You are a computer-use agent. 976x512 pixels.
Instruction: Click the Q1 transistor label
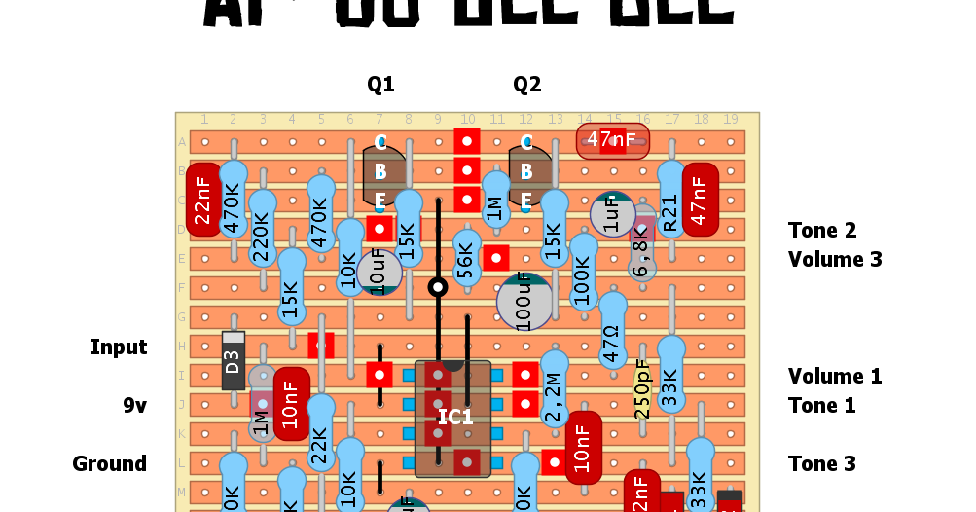380,85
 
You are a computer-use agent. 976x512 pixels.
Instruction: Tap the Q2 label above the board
526,85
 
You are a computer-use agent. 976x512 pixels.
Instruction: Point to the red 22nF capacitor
202,201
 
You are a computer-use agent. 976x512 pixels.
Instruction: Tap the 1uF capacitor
612,215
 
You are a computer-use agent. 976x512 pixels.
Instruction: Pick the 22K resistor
320,446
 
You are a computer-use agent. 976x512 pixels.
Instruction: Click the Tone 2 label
822,231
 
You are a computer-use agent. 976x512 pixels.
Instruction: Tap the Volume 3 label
835,260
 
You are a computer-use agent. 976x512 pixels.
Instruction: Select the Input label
119,347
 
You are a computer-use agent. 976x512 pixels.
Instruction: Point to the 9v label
134,405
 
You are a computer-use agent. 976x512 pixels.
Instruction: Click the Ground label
109,463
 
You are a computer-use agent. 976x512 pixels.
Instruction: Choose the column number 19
730,120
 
